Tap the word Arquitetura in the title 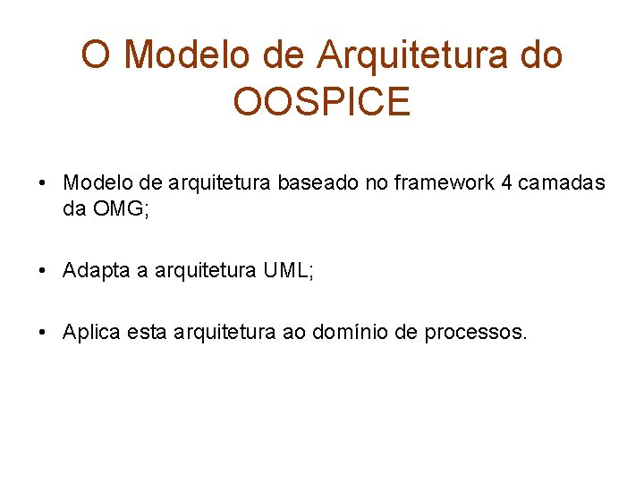click(411, 55)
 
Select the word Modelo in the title click(189, 55)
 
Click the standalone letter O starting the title click(96, 55)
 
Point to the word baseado click(313, 183)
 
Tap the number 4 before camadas click(507, 183)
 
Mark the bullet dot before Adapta click(43, 271)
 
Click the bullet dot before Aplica click(43, 334)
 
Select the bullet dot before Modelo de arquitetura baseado click(43, 184)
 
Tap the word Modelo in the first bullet click(95, 183)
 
